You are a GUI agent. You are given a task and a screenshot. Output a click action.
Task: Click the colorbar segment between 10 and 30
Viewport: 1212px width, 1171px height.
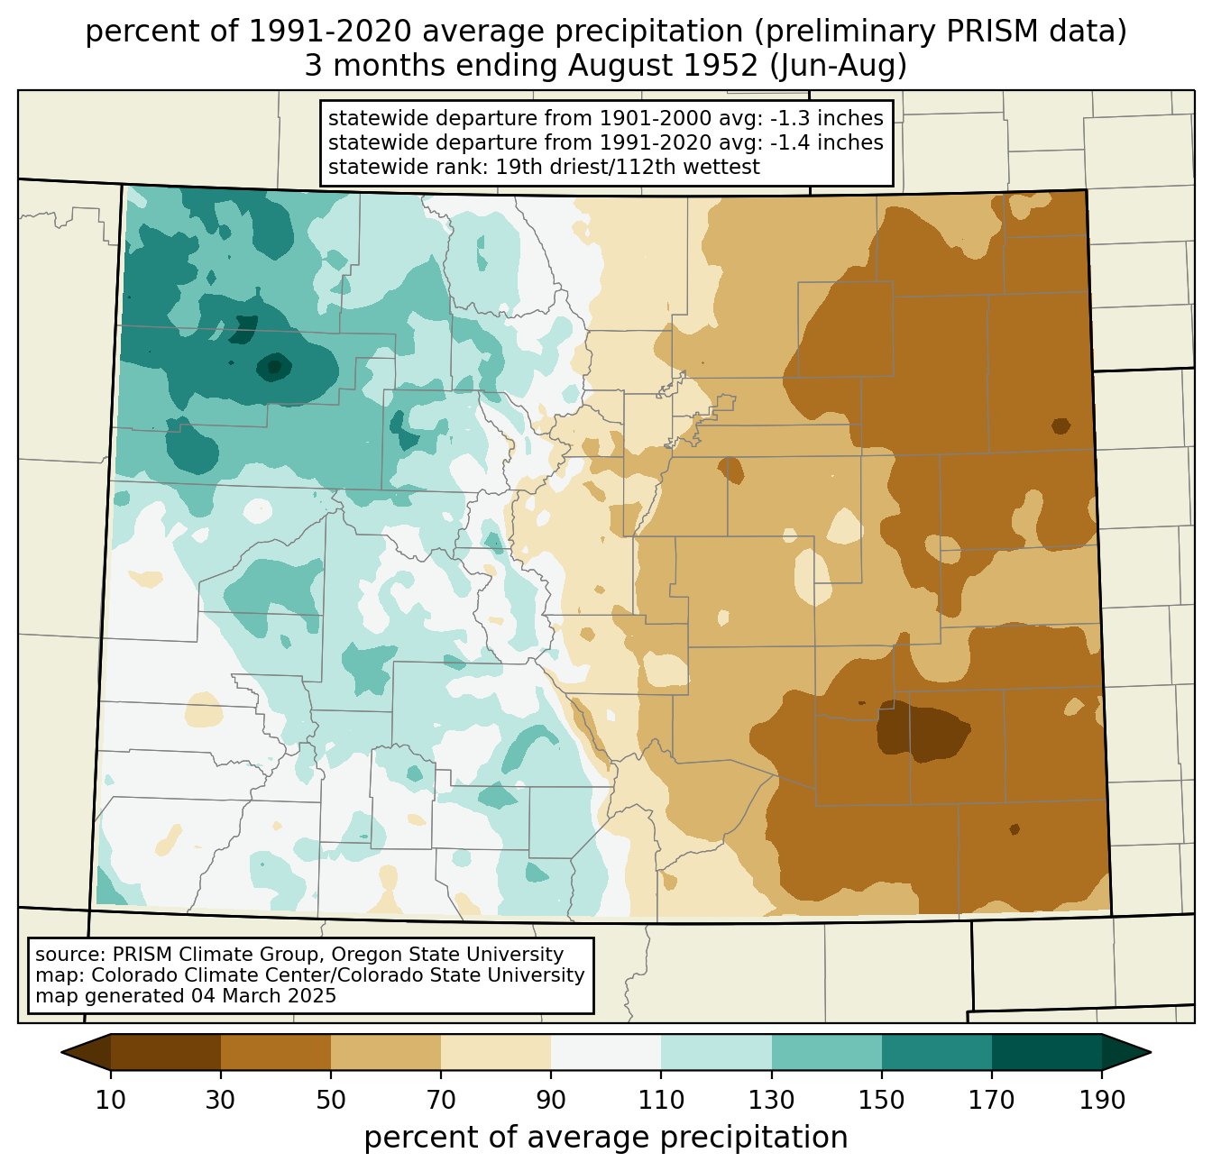click(x=166, y=1053)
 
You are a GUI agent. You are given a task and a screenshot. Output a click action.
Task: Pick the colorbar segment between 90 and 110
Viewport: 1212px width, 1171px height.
click(x=606, y=1053)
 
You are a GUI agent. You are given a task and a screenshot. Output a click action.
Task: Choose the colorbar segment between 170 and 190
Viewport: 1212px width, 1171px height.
click(x=1046, y=1053)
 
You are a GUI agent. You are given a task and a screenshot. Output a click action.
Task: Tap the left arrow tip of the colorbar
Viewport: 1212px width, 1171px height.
click(x=61, y=1053)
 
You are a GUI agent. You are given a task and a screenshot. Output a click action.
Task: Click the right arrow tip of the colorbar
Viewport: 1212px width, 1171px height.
click(x=1151, y=1053)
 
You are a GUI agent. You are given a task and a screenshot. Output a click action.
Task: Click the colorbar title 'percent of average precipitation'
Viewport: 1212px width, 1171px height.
click(x=605, y=1138)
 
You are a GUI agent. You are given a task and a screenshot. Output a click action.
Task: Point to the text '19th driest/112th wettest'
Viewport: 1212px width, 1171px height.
click(x=627, y=167)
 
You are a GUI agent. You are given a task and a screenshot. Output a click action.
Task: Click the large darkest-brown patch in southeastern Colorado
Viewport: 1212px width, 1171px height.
click(x=922, y=730)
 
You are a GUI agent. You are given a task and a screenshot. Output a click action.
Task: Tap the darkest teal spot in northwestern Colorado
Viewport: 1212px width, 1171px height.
click(x=273, y=367)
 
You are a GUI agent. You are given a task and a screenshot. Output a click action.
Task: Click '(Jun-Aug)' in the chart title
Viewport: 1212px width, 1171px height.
click(x=839, y=66)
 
